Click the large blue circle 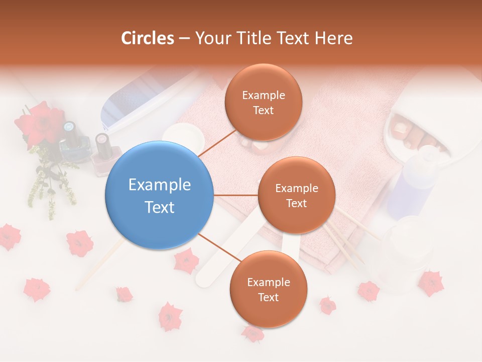[160, 196]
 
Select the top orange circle [263, 102]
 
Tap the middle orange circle [296, 195]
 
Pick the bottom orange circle [268, 289]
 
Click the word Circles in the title [147, 38]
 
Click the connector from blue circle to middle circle [236, 195]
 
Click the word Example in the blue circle [160, 185]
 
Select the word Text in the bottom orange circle [268, 297]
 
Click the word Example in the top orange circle [263, 95]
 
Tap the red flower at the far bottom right [431, 283]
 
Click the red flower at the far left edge [9, 236]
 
